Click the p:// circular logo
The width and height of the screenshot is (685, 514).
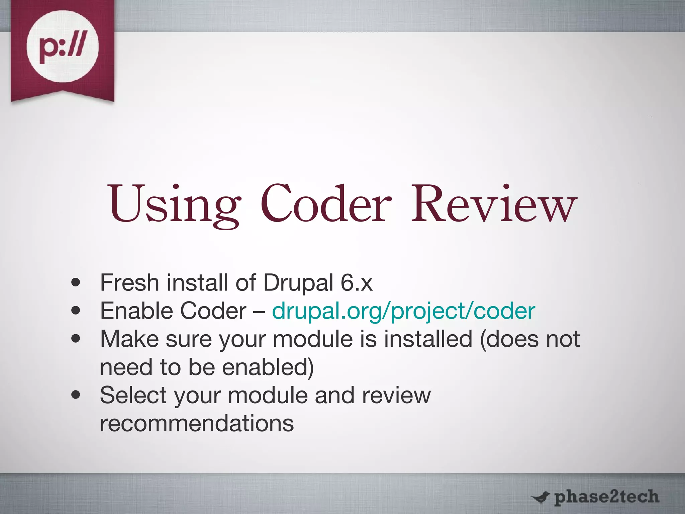tap(63, 47)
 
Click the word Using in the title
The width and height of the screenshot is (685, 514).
tap(174, 204)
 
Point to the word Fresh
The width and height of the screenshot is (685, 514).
tap(129, 283)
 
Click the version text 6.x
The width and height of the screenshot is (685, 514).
tap(356, 283)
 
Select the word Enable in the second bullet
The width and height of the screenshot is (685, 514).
tap(136, 311)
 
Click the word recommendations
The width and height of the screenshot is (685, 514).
tap(197, 423)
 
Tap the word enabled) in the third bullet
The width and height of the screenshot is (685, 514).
tap(268, 367)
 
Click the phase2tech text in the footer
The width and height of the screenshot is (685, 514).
tap(606, 497)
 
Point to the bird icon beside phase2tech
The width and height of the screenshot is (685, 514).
tap(540, 498)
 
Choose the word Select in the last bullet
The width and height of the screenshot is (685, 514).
tap(133, 395)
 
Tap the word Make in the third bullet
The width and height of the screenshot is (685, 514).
tap(129, 339)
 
